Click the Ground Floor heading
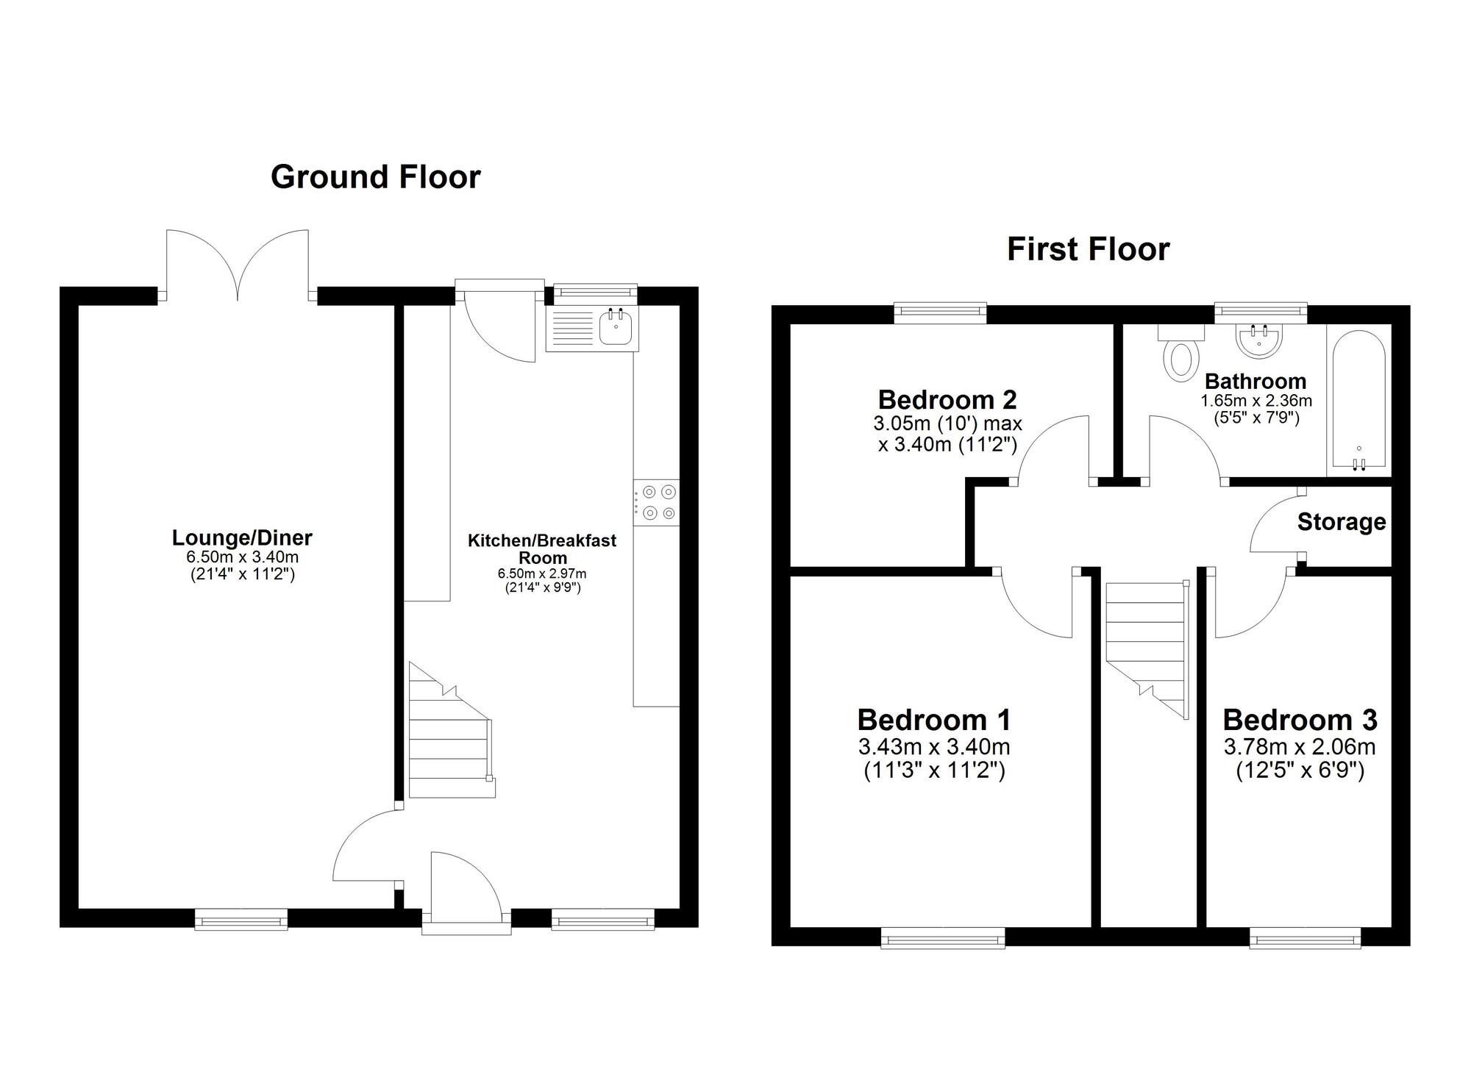click(x=375, y=177)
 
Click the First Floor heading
click(x=1088, y=249)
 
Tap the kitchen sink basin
click(x=615, y=328)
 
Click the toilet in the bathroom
click(x=1180, y=359)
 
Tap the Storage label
click(x=1341, y=522)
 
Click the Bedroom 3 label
click(x=1300, y=720)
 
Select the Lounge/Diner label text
click(x=242, y=538)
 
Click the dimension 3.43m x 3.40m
click(x=933, y=747)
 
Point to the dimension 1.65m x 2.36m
click(x=1255, y=401)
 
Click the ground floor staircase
click(x=450, y=735)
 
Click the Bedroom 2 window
click(x=940, y=312)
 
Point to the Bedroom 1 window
click(x=943, y=938)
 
